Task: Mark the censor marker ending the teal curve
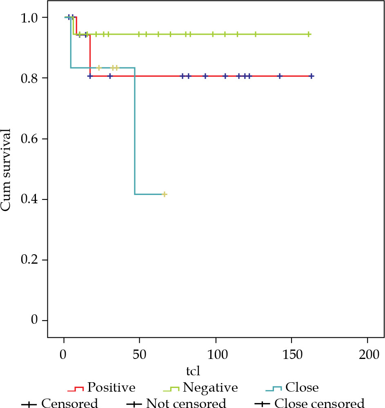tap(164, 194)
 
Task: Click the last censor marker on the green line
tap(309, 34)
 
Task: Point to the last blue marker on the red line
tap(312, 76)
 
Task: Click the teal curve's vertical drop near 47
tap(134, 131)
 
